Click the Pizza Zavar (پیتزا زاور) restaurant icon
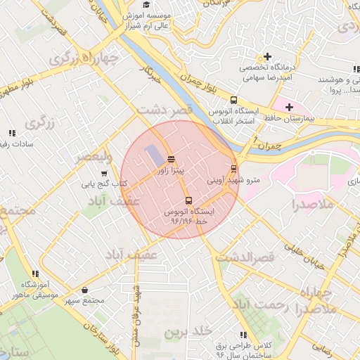click(172, 159)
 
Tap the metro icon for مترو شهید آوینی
click(233, 168)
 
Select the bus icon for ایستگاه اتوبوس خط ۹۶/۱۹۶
click(188, 200)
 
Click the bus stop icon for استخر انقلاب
click(233, 100)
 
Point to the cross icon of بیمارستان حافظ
click(289, 106)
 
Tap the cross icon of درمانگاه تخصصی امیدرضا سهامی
click(267, 56)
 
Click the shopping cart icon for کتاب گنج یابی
click(104, 174)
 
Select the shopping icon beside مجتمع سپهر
click(85, 290)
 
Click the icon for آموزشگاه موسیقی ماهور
click(34, 274)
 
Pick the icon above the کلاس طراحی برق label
click(243, 335)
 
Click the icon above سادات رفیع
click(12, 133)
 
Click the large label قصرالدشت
click(244, 258)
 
